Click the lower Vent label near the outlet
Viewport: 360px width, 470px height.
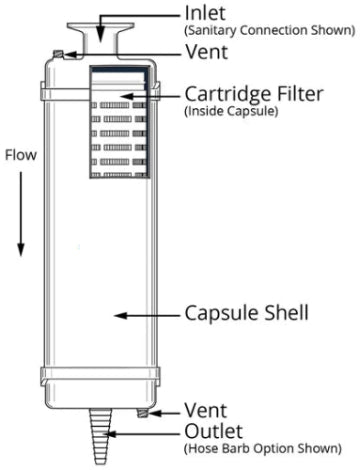206,410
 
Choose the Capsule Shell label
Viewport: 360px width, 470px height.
244,313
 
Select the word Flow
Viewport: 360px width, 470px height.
22,157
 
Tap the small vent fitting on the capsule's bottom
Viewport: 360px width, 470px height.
145,410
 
